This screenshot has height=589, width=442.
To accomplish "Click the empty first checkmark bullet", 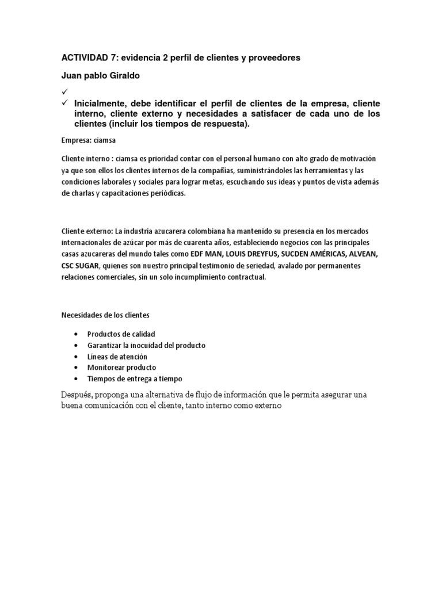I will (x=64, y=91).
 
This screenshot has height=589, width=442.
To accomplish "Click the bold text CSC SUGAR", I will (x=81, y=266).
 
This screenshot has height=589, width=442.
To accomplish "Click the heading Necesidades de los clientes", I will (x=105, y=315).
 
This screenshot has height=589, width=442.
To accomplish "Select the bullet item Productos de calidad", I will (x=121, y=334).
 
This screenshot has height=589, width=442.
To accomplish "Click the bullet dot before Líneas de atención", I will (x=77, y=357).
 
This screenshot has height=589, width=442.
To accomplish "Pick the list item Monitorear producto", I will (x=121, y=367).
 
